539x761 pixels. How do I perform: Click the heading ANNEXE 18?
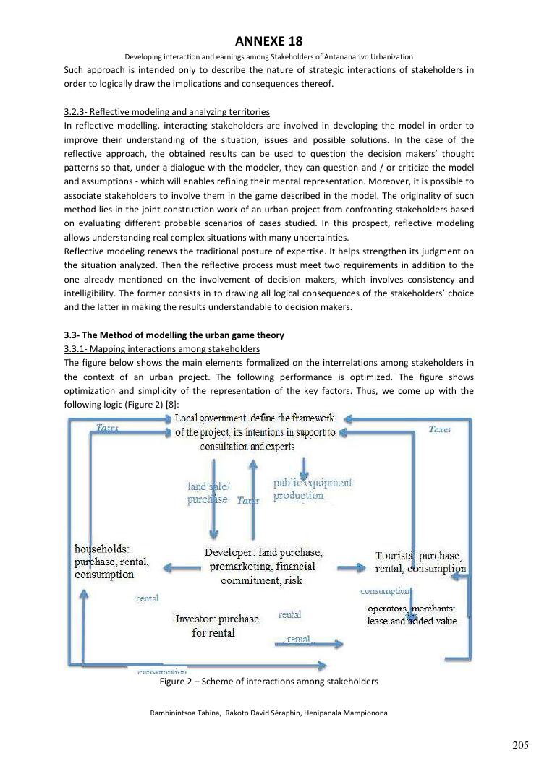point(268,41)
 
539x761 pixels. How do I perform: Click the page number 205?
point(520,744)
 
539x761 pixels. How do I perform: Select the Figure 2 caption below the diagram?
point(268,681)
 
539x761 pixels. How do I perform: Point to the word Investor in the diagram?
point(195,619)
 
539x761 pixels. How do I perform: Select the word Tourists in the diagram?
point(396,556)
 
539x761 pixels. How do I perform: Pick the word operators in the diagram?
point(388,609)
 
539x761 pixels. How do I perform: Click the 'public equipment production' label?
point(313,489)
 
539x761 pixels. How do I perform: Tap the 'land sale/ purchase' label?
point(208,493)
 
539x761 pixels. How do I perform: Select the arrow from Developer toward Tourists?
point(352,569)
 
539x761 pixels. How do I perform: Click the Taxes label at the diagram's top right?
point(440,429)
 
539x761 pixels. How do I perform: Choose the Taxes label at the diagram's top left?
point(108,428)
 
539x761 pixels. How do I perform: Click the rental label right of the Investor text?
point(289,614)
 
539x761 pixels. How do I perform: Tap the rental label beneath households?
point(147,598)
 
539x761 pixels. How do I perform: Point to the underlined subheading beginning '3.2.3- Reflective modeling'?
point(166,112)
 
